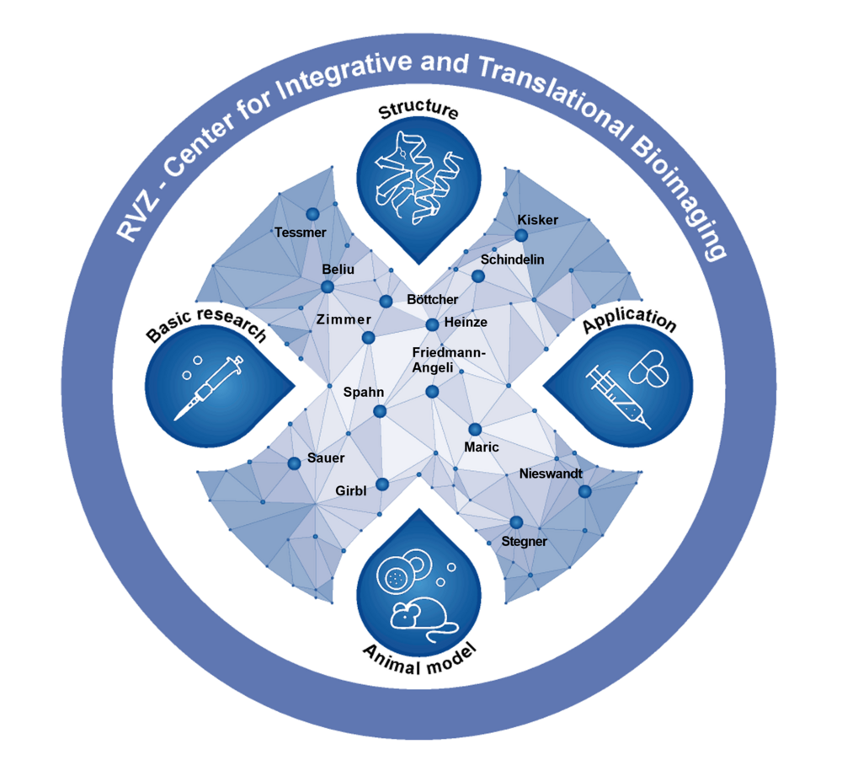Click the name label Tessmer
pyautogui.click(x=300, y=232)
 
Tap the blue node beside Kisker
pyautogui.click(x=521, y=235)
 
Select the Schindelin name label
pyautogui.click(x=513, y=260)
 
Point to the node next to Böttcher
pyautogui.click(x=386, y=302)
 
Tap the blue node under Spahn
pyautogui.click(x=380, y=411)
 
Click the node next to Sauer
pyautogui.click(x=294, y=463)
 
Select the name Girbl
pyautogui.click(x=350, y=490)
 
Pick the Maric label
pyautogui.click(x=482, y=447)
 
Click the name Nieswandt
pyautogui.click(x=551, y=474)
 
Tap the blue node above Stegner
pyautogui.click(x=516, y=522)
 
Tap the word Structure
pyautogui.click(x=418, y=112)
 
